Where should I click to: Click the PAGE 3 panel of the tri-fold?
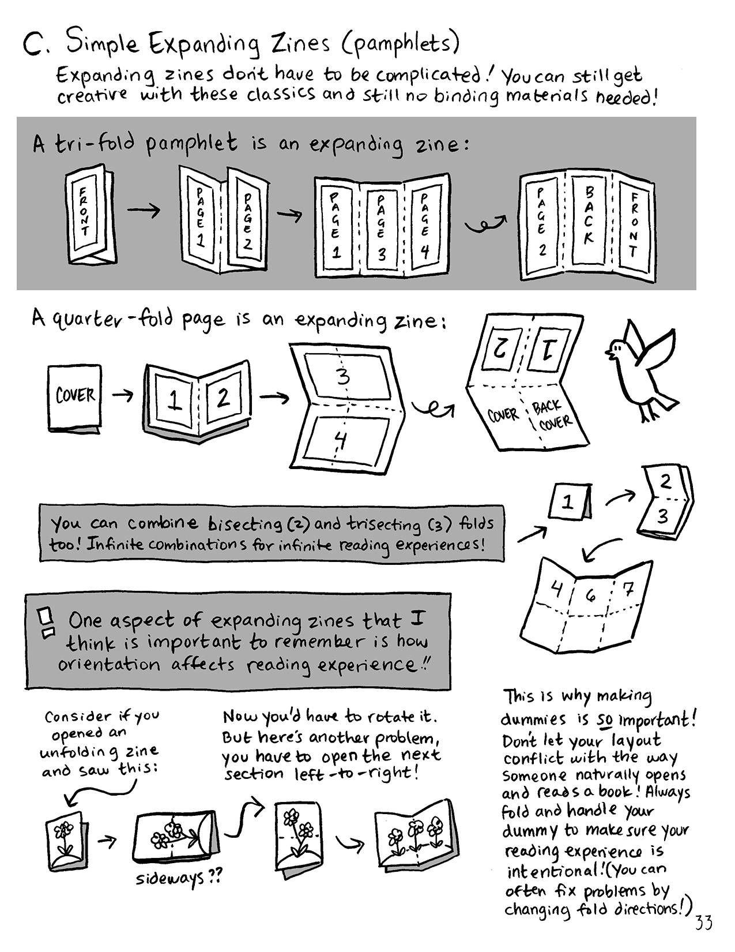point(381,228)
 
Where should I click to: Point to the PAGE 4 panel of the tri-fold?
point(426,225)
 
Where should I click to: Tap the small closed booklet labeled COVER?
point(75,398)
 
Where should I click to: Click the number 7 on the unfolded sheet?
point(628,589)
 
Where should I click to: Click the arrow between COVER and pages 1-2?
point(123,396)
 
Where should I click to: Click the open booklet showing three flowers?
point(417,834)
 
